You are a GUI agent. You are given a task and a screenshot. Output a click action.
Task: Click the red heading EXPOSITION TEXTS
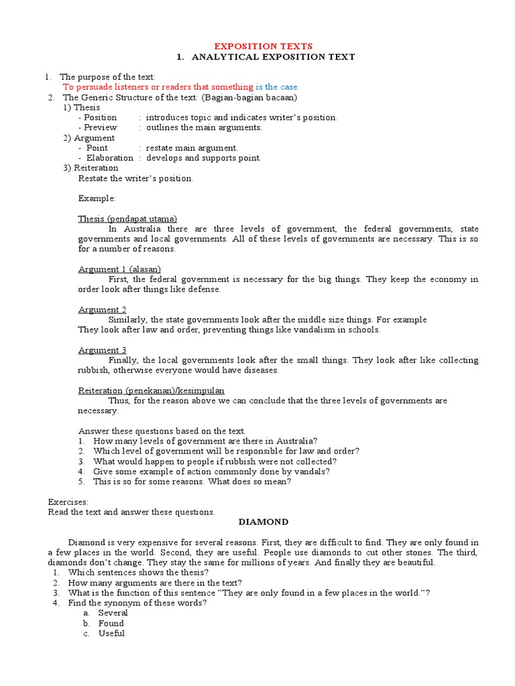[263, 46]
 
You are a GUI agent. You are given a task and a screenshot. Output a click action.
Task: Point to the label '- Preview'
[97, 127]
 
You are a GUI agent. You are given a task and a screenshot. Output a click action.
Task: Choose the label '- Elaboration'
[105, 158]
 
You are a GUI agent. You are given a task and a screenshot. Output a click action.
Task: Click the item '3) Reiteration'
[91, 168]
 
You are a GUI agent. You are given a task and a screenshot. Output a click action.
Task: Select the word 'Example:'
[97, 198]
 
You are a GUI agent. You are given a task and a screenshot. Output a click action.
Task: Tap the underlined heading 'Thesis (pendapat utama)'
[127, 219]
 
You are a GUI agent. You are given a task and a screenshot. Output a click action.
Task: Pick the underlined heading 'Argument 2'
[103, 310]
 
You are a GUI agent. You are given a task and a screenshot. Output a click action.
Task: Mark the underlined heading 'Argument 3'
[103, 350]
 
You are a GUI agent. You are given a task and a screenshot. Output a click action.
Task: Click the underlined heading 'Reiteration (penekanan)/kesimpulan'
[152, 391]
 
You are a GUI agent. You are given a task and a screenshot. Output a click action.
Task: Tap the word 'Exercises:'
[68, 502]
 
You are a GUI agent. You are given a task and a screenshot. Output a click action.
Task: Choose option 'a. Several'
[112, 613]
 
